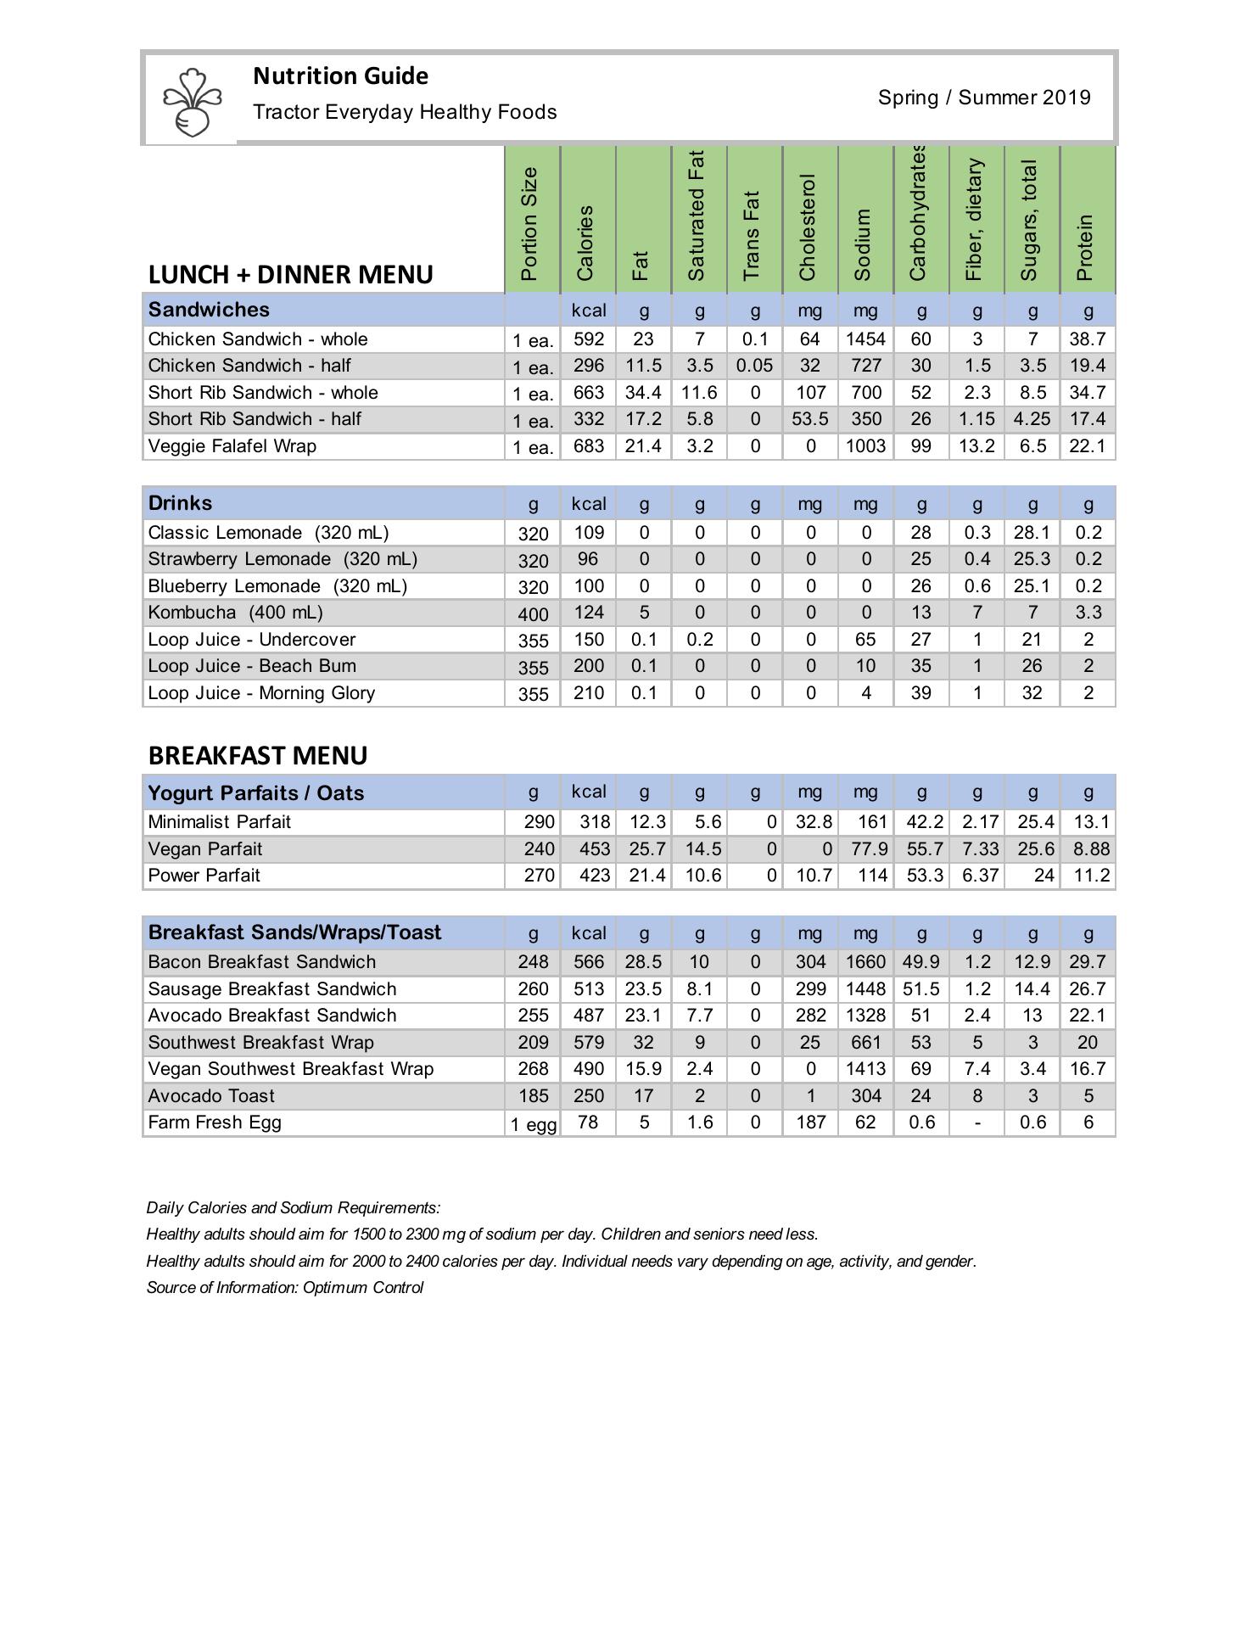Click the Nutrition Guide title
click(340, 76)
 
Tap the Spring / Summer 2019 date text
click(984, 98)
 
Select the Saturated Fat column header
click(697, 216)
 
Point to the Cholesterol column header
click(809, 227)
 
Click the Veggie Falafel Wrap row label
click(232, 446)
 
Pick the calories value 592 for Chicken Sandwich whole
click(589, 339)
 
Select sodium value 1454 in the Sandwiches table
click(865, 339)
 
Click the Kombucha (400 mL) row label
click(235, 613)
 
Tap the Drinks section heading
click(180, 503)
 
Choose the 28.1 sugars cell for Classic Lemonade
click(1032, 533)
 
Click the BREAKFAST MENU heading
click(258, 756)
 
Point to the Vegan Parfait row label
click(204, 849)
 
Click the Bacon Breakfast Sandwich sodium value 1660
click(865, 962)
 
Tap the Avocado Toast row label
click(211, 1096)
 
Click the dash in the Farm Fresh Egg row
click(977, 1123)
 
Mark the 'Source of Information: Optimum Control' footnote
click(285, 1288)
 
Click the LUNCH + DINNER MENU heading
click(290, 275)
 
